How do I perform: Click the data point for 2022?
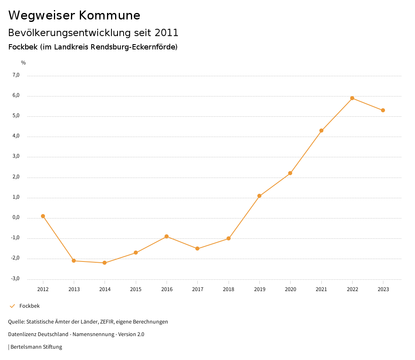pos(352,98)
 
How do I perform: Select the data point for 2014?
pos(105,263)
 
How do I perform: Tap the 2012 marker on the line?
pos(43,216)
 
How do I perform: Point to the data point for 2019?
pos(259,196)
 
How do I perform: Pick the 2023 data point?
pos(383,110)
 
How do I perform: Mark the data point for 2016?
pos(167,236)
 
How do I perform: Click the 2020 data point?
pos(290,173)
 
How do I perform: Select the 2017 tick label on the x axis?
pos(197,289)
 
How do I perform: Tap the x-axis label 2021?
pos(321,289)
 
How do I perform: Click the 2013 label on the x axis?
pos(74,289)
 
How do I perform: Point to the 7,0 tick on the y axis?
pos(16,75)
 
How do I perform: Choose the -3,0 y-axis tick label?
pos(15,279)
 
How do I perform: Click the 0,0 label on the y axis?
pos(16,217)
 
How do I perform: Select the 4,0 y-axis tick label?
pos(16,136)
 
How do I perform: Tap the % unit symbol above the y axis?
pos(24,62)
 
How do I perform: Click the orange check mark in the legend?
pos(12,306)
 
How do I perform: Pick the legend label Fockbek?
pos(30,306)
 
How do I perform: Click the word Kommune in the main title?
pos(109,15)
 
